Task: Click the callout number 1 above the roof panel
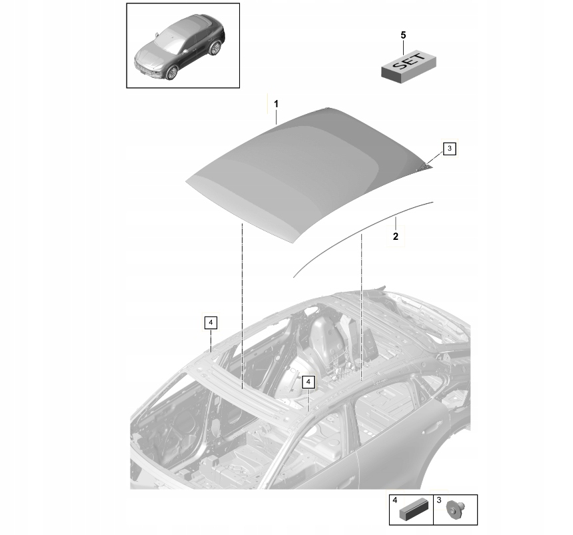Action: coord(277,104)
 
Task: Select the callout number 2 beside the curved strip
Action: coord(395,236)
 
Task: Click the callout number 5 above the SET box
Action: coord(402,34)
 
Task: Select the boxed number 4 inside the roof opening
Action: coord(307,382)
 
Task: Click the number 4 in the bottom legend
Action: coord(394,500)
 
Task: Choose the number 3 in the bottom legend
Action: coord(438,500)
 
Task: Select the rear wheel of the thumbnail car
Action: coord(215,49)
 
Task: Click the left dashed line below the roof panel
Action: coord(242,306)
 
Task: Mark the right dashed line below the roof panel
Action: coord(361,300)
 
